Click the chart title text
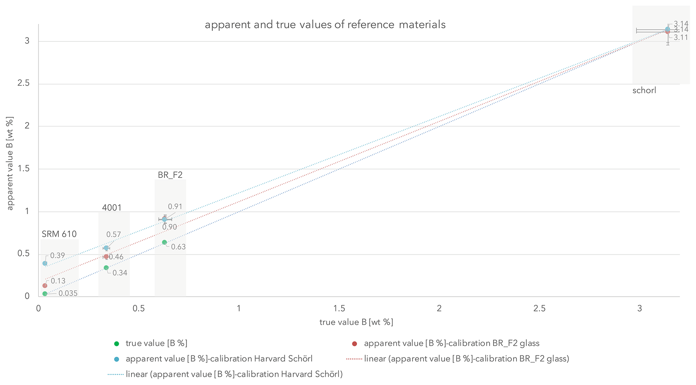click(325, 25)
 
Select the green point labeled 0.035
click(45, 294)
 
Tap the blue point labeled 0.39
click(45, 263)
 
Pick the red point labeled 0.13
click(45, 285)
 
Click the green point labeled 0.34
click(106, 268)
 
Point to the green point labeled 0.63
click(164, 242)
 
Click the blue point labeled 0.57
click(106, 248)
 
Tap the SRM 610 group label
click(59, 234)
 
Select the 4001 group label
click(112, 208)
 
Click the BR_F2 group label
click(170, 175)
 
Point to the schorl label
click(644, 91)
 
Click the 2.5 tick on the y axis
click(23, 83)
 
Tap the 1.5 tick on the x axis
click(339, 309)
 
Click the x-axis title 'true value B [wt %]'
click(356, 322)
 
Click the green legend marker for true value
click(117, 344)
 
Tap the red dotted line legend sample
click(354, 359)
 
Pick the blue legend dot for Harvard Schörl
click(117, 359)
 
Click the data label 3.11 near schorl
click(681, 37)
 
